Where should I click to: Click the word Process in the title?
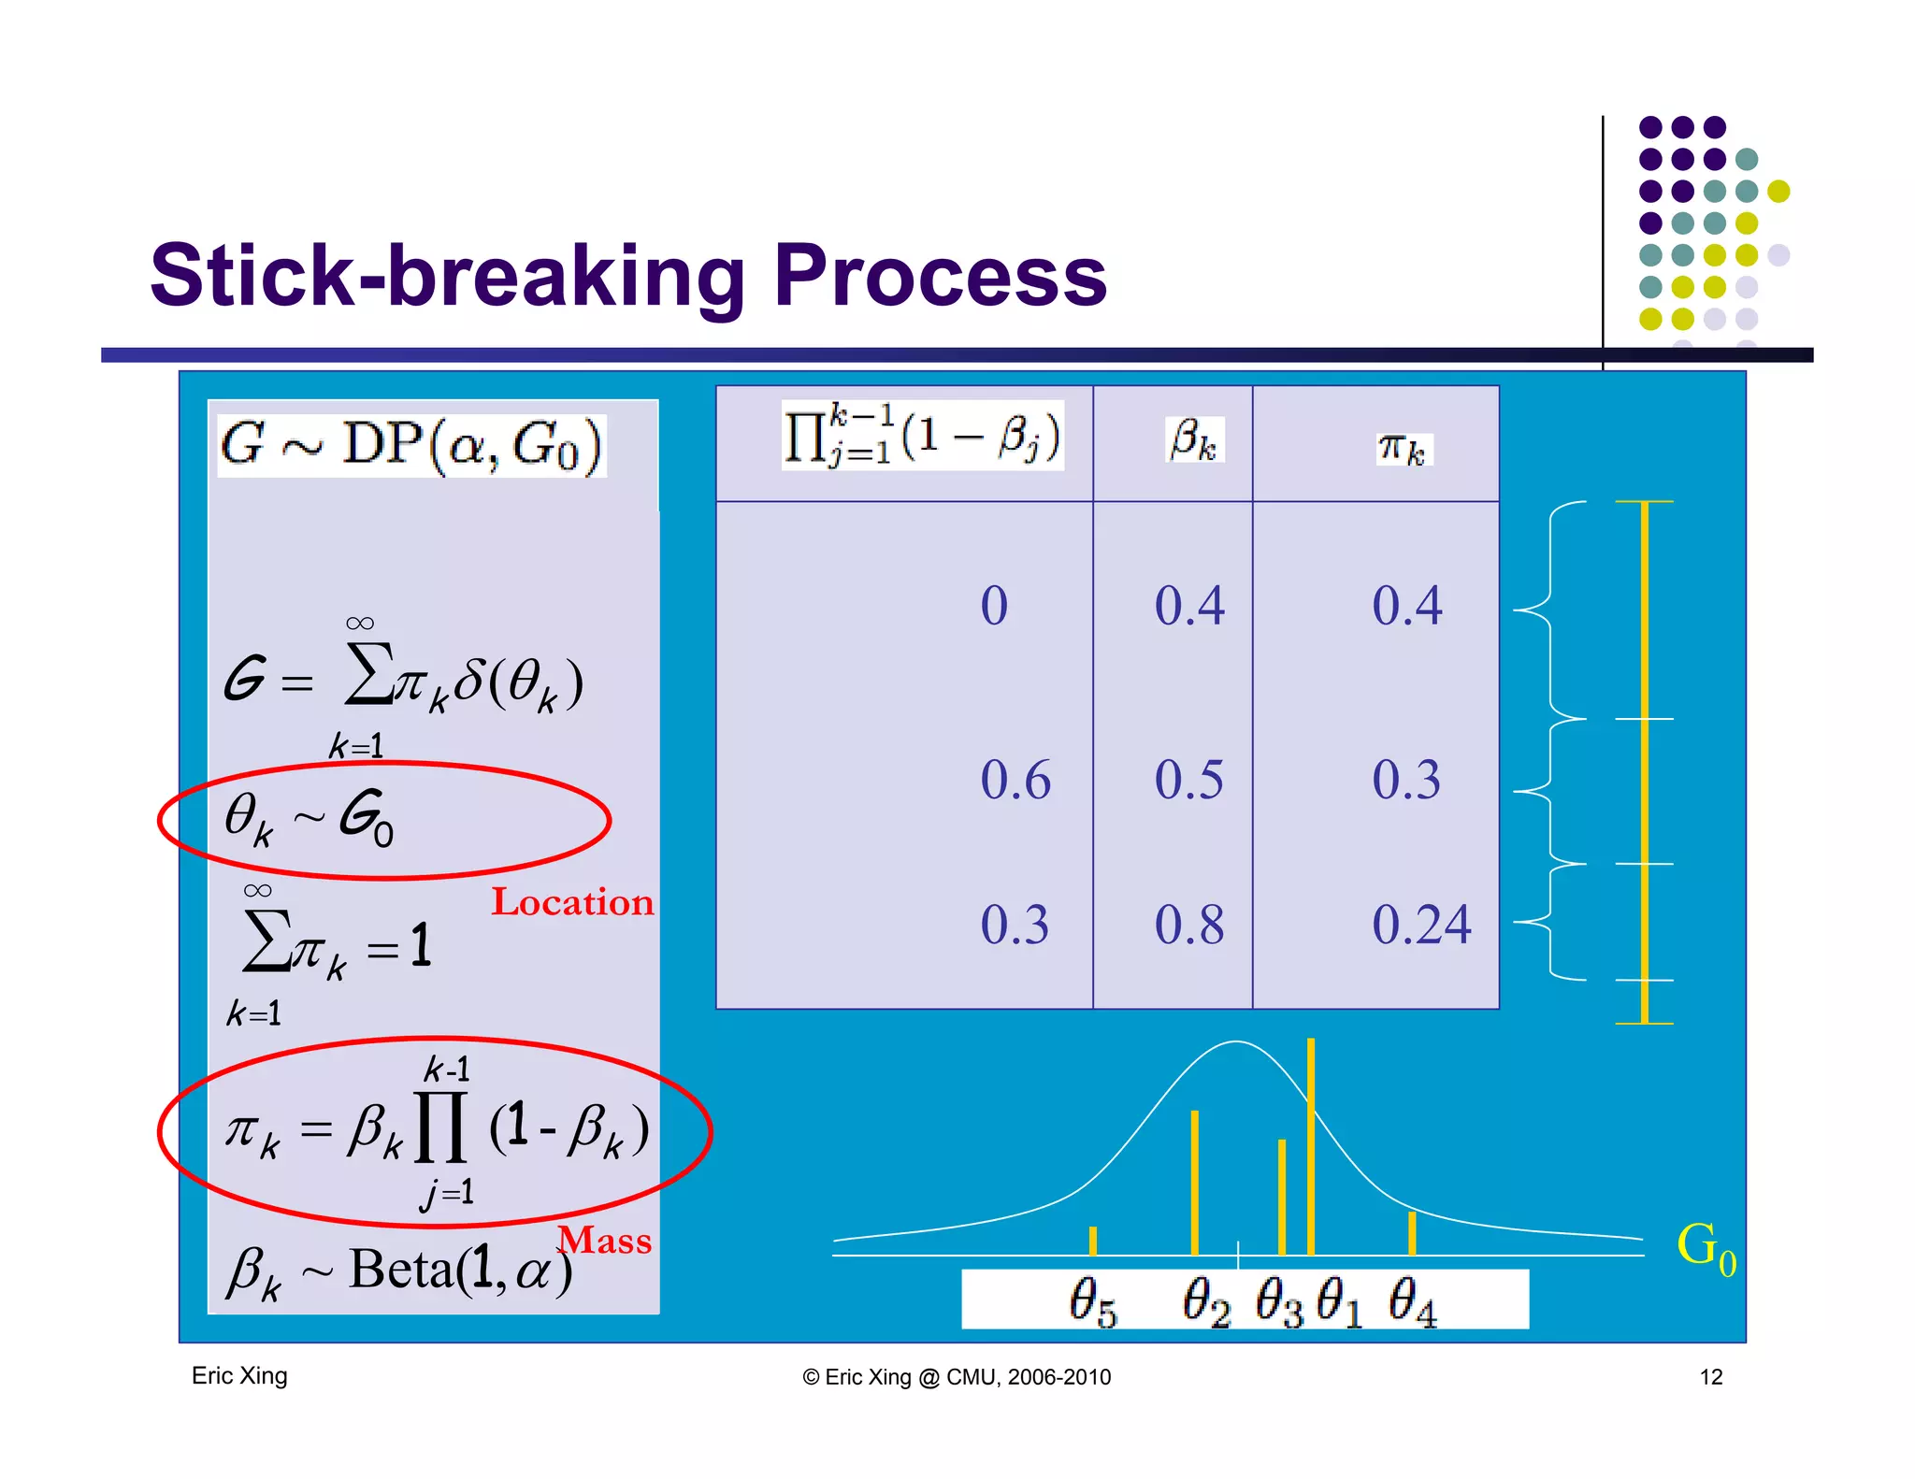tap(940, 277)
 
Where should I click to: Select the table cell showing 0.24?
tap(1420, 925)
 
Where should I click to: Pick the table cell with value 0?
tap(994, 605)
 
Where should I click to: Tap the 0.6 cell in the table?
tap(1015, 780)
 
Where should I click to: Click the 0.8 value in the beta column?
tap(1188, 925)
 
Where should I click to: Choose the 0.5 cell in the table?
tap(1188, 780)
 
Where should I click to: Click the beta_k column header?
tap(1194, 439)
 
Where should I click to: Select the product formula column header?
tap(922, 437)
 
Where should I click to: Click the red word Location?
tap(572, 902)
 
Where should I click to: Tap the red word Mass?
tap(606, 1241)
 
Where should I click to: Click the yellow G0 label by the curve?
tap(1705, 1247)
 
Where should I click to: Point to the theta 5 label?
tap(1092, 1301)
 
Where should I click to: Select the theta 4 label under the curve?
tap(1411, 1301)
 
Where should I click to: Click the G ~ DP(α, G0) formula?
tap(411, 445)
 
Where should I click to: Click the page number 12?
tap(1710, 1377)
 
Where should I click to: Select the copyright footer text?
tap(957, 1377)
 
